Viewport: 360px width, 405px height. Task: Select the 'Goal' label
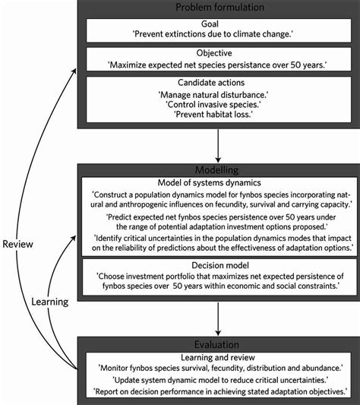(218, 24)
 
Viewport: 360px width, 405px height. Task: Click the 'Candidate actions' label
(218, 81)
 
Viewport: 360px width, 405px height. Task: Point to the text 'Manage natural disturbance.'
(218, 93)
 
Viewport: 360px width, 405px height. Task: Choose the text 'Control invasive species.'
(218, 103)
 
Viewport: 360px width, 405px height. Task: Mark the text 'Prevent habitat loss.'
(218, 114)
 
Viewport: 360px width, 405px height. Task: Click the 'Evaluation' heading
(218, 343)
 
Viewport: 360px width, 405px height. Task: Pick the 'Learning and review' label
(218, 356)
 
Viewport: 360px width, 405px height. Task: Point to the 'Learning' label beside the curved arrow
(48, 302)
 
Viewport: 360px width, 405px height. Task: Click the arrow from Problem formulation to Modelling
(218, 144)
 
